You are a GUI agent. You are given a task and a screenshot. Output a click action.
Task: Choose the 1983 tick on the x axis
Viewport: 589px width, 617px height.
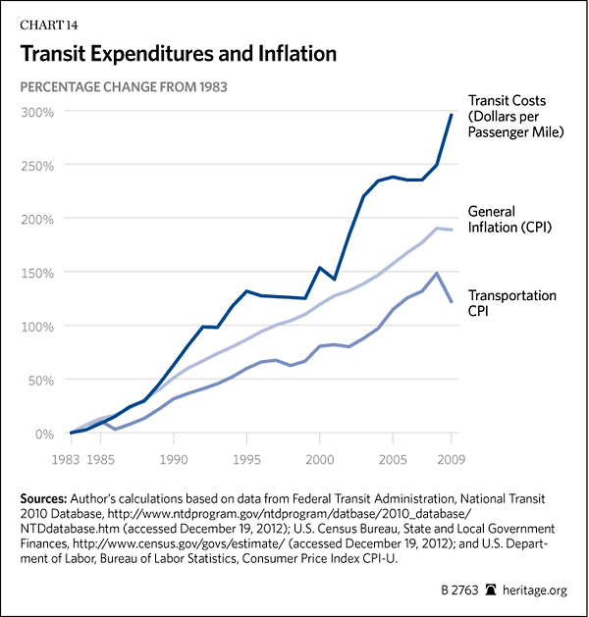click(69, 457)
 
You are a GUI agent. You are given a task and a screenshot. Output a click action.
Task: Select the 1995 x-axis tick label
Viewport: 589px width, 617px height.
click(246, 457)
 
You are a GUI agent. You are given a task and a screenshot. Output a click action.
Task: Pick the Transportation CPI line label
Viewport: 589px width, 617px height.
click(512, 303)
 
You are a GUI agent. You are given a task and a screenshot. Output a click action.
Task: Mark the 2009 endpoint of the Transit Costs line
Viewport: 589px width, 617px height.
click(451, 115)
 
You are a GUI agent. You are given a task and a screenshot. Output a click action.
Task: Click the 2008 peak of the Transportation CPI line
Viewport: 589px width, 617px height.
click(436, 273)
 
